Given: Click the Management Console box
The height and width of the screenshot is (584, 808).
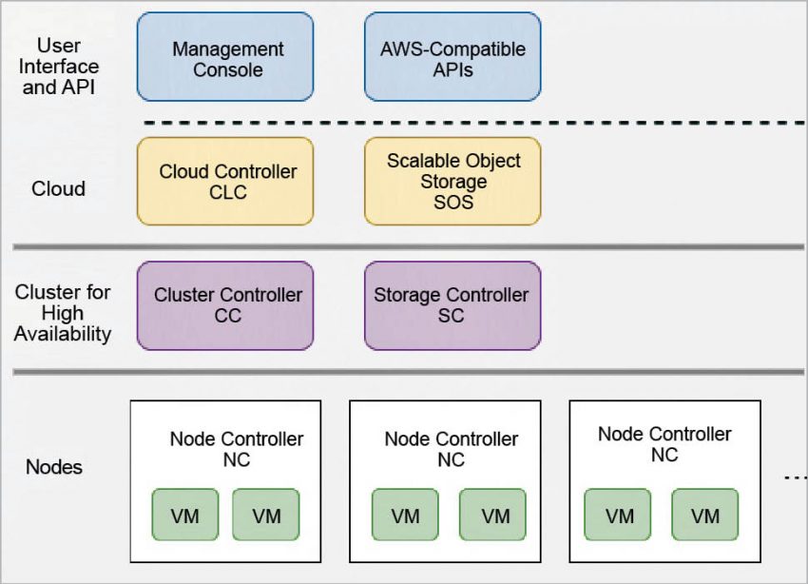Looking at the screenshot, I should click(225, 57).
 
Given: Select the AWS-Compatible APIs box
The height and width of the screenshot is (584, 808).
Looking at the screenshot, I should click(452, 57).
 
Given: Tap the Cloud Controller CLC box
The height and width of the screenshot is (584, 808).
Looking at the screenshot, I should click(225, 182).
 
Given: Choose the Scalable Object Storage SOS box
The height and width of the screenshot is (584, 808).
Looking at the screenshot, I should click(452, 182).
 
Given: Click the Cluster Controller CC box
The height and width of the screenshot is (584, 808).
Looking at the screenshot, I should click(225, 305).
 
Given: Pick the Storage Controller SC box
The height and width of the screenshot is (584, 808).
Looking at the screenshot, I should click(452, 305).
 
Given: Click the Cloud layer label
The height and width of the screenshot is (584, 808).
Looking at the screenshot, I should click(58, 189).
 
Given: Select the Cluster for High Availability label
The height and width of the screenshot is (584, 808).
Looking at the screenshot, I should click(62, 313).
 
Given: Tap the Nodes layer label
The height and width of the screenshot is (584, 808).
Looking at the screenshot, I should click(53, 467).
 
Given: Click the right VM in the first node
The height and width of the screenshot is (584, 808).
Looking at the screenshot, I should click(266, 516).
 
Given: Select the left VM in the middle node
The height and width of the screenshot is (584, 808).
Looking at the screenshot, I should click(405, 516).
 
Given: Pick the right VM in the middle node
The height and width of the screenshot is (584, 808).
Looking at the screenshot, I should click(493, 516).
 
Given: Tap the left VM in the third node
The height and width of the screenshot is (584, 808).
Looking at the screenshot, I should click(618, 516).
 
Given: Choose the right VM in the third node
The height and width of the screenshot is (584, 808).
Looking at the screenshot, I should click(704, 516).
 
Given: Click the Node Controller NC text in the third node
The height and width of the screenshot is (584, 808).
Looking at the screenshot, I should click(664, 444).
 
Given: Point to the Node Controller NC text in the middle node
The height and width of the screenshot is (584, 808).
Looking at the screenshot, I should click(452, 449).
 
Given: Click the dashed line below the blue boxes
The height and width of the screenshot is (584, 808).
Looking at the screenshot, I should click(475, 123).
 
